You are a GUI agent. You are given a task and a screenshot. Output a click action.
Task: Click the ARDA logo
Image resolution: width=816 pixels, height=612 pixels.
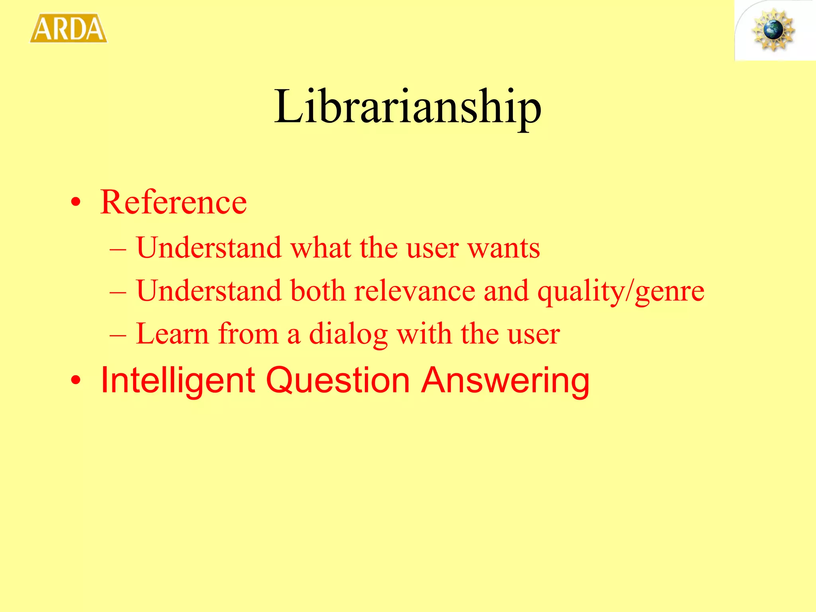pos(69,28)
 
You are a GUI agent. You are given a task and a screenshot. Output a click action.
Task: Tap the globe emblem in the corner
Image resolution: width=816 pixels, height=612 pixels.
pos(773,31)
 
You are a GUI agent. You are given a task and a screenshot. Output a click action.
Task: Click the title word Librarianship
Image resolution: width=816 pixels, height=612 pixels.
pos(408,107)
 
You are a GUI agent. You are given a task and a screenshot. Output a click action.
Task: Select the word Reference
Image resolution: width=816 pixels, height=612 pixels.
pos(173,202)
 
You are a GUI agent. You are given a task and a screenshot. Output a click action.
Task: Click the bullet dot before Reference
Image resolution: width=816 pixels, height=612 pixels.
pos(76,203)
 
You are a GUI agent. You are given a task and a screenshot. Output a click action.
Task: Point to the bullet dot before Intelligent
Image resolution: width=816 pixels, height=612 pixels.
pos(76,381)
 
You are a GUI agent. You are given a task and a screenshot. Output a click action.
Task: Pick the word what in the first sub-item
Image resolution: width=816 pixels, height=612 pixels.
pos(321,248)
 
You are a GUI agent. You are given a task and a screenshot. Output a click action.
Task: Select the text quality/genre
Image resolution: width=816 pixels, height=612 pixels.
pos(621,291)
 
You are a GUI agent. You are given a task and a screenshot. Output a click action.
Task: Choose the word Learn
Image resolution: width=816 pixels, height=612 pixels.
pos(172,333)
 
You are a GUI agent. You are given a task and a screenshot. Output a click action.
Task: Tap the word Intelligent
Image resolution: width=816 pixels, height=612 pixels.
pos(178,381)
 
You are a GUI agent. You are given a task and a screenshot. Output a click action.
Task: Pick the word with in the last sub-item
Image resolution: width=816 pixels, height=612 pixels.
pos(424,333)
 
